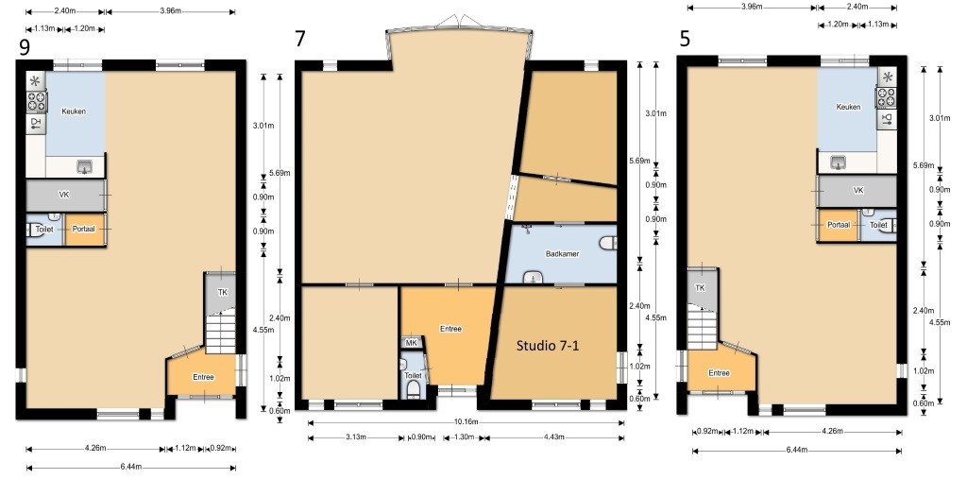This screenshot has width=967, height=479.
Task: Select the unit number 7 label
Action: point(299,39)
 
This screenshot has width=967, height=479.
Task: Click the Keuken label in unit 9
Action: point(74,111)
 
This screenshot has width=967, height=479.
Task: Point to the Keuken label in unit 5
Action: point(848,107)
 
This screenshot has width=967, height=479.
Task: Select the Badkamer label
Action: point(562,254)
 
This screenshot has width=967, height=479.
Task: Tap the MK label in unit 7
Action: point(411,342)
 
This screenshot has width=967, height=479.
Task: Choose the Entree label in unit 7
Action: point(450,329)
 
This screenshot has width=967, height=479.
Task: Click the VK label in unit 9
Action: point(64,196)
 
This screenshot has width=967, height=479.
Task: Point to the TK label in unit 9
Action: point(223,292)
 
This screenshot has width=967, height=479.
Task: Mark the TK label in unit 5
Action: point(700,288)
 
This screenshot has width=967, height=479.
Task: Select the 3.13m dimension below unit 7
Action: point(355,437)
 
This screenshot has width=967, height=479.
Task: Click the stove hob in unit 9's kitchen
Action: point(36,101)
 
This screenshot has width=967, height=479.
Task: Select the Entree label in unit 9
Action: point(202,377)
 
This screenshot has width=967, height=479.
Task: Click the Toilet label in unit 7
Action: point(413,375)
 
